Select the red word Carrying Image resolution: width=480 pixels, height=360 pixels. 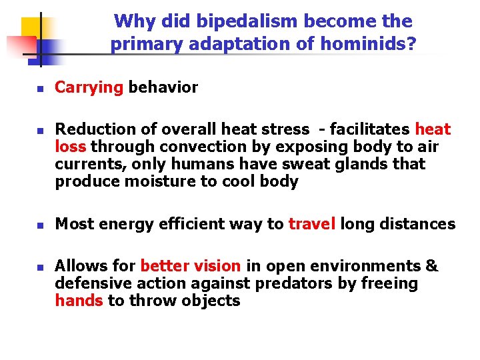tap(89, 88)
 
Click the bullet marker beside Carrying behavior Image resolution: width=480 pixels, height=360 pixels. tap(39, 89)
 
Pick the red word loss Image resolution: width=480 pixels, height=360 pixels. tap(71, 147)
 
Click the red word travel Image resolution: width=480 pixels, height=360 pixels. tap(311, 224)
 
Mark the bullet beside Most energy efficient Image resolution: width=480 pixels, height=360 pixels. tap(39, 225)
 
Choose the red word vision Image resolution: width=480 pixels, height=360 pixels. tap(219, 266)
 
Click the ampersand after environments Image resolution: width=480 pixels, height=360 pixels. tap(431, 266)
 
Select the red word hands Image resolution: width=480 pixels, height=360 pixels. tap(79, 301)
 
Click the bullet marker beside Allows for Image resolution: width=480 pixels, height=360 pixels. tap(39, 267)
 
